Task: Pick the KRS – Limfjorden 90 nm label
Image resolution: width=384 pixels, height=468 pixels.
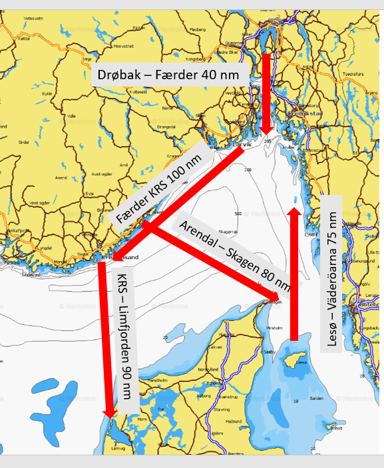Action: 126,337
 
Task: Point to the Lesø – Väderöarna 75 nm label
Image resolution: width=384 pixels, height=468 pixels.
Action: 331,273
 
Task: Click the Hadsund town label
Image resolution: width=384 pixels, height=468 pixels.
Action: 234,421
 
